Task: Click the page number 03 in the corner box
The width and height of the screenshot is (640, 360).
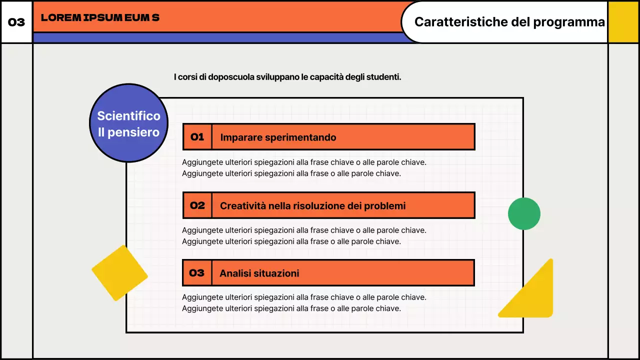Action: point(16,22)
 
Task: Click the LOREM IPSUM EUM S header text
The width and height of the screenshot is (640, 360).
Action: point(100,17)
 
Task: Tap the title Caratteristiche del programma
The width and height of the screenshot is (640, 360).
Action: point(509,22)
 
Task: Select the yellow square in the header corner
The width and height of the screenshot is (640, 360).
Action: point(623,22)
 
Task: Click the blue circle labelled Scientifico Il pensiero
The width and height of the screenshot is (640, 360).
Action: point(128,123)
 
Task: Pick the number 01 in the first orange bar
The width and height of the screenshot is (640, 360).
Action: point(197,137)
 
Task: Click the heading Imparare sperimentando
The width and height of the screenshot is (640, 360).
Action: point(278,137)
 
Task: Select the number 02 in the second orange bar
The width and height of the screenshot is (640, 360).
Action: point(197,205)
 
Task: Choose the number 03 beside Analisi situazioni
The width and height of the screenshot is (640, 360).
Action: point(197,272)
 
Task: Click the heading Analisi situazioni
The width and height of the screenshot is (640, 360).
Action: point(259,273)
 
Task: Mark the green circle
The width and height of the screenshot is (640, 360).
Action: point(524,213)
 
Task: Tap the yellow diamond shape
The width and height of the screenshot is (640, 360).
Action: point(119,273)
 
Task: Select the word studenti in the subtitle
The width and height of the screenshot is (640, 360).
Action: point(383,77)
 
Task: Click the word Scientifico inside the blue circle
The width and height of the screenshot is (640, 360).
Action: point(128,116)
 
